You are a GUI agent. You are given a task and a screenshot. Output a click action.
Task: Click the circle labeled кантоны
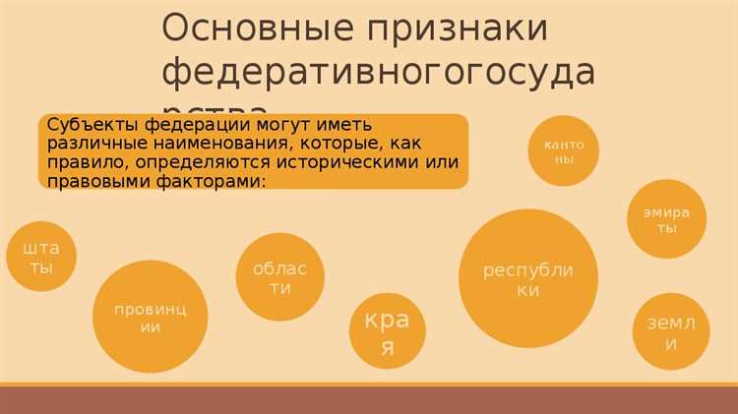[563, 150]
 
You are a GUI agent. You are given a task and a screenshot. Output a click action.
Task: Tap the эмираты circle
[666, 218]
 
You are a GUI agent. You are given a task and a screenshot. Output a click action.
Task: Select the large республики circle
[527, 278]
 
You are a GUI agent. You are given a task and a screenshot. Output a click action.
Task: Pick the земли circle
[670, 331]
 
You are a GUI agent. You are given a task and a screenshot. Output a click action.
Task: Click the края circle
[387, 331]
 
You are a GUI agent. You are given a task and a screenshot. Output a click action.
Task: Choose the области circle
[280, 277]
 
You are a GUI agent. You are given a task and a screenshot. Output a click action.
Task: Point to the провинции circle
[150, 317]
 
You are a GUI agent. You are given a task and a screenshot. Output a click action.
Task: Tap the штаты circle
[40, 256]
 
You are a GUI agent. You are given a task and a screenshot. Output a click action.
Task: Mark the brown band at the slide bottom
[369, 399]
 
